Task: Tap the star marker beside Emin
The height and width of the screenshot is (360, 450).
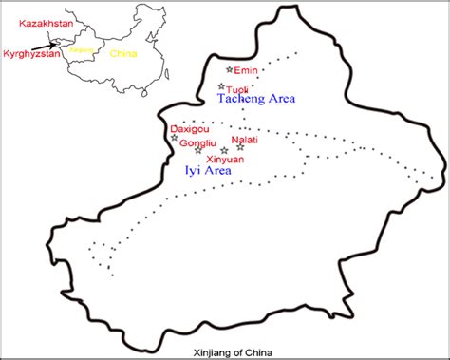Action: [x=229, y=69]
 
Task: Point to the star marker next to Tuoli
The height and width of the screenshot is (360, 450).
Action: [x=221, y=86]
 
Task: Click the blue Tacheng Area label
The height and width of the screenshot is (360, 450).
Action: [x=256, y=99]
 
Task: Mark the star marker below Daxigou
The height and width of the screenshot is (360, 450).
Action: [x=174, y=138]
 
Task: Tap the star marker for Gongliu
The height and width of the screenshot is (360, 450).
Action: [x=197, y=150]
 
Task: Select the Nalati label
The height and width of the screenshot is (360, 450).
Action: [x=244, y=139]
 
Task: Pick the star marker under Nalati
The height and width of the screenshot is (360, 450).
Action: [x=240, y=146]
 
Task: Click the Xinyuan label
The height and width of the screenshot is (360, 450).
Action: [x=225, y=161]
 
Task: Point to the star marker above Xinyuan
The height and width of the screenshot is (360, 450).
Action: [x=224, y=150]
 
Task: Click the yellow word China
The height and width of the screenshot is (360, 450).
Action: [x=123, y=54]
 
